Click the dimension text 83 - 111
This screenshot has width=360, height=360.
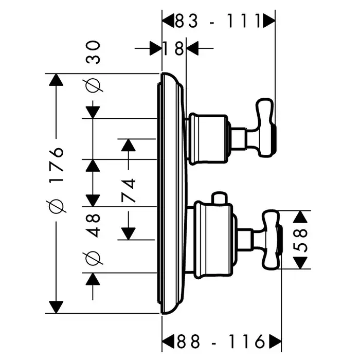pos(218,21)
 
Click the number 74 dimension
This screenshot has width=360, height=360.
pos(128,191)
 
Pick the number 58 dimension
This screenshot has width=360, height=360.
pos(303,240)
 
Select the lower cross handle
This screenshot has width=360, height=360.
pos(272,239)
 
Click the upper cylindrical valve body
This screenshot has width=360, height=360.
pos(208,138)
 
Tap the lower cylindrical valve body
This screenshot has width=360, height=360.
pos(211,238)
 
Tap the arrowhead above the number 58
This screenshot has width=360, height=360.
pos(303,216)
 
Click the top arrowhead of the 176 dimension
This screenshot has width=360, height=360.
pos(55,80)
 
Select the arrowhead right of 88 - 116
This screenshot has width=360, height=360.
pos(275,341)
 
